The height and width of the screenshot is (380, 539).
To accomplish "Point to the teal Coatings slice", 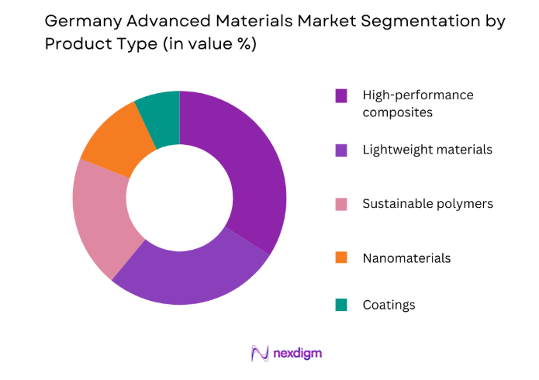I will pyautogui.click(x=160, y=112).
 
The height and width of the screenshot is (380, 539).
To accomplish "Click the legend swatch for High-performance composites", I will pyautogui.click(x=340, y=95).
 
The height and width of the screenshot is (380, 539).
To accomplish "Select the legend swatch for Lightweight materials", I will pyautogui.click(x=340, y=150).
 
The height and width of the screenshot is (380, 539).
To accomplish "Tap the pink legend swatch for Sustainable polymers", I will pyautogui.click(x=340, y=204).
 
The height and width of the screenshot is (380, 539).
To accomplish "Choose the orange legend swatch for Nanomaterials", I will pyautogui.click(x=340, y=257).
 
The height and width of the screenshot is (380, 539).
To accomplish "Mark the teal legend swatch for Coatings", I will pyautogui.click(x=340, y=305).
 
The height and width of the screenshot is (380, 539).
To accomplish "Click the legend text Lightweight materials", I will pyautogui.click(x=427, y=150).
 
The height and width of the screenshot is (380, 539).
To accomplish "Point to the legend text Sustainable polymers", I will pyautogui.click(x=427, y=204).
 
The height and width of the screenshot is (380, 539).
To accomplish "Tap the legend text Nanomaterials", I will pyautogui.click(x=406, y=257).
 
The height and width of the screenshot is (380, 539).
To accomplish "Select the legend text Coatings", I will pyautogui.click(x=389, y=305).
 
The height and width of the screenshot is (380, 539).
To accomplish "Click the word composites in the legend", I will pyautogui.click(x=397, y=112).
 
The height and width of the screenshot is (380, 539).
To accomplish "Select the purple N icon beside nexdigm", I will pyautogui.click(x=259, y=353).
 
